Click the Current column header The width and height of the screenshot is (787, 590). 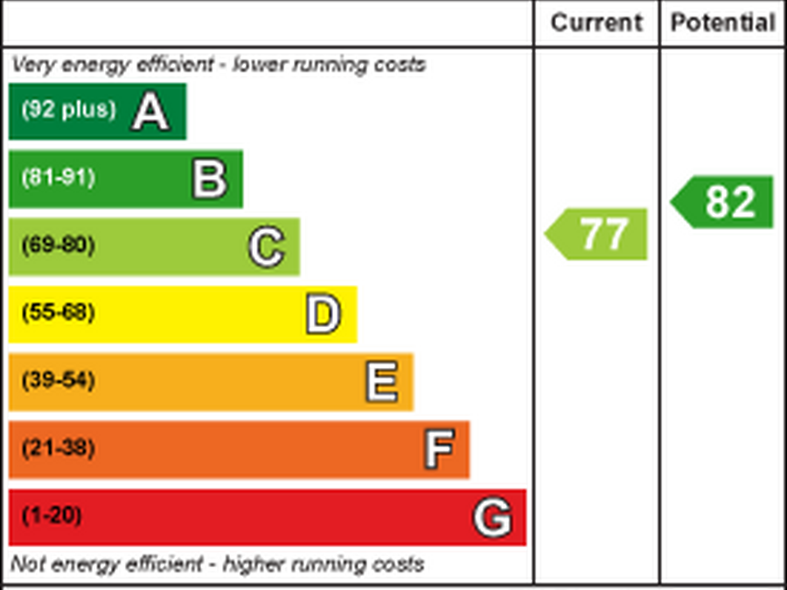point(596,23)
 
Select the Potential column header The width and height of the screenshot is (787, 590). point(722,23)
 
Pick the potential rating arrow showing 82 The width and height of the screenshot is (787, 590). point(725,202)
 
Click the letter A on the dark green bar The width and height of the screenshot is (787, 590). point(150,112)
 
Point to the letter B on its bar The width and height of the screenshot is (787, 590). point(210,178)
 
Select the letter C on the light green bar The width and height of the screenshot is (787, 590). point(266,247)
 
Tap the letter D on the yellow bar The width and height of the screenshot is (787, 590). point(324,315)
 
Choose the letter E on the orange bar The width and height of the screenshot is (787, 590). point(381,383)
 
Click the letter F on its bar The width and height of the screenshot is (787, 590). point(439,450)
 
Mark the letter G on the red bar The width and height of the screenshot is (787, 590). point(492,518)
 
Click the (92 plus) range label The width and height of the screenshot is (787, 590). point(68,110)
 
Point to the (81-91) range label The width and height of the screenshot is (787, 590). point(58,177)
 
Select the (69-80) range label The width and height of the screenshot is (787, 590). point(58,245)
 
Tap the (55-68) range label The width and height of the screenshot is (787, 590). point(58,313)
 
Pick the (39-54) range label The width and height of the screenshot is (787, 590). point(58,381)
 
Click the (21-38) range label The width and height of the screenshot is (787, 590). point(58,448)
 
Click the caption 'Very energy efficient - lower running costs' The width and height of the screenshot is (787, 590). point(219,65)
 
